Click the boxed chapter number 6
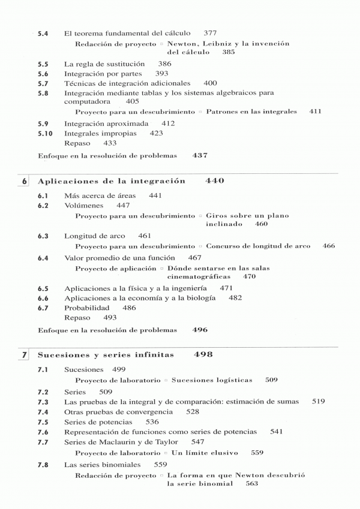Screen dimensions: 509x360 pos(25,181)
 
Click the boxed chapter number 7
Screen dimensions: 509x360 pos(25,355)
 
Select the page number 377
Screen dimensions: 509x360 pos(211,32)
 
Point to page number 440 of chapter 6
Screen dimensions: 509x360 pos(215,180)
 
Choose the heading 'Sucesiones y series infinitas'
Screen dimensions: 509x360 pos(106,355)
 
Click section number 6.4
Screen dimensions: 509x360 pos(43,257)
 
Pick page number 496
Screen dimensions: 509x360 pos(200,330)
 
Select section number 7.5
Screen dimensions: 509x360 pos(43,421)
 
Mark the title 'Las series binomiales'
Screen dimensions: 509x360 pos(102,464)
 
